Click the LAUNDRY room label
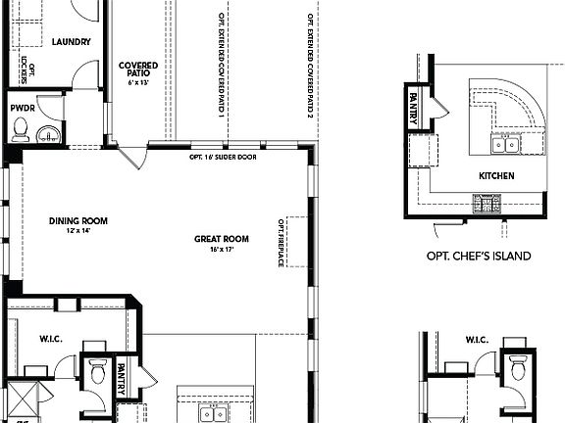coord(71,42)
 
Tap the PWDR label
coord(22,108)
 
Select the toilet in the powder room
coord(21,128)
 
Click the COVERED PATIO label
coord(138,70)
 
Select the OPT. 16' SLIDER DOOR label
coord(223,157)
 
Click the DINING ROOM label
coord(78,221)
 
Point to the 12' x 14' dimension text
coord(78,231)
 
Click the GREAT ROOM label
coord(223,239)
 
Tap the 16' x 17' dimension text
coord(223,250)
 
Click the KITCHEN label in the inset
coord(496,176)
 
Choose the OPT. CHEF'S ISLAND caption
coord(478,257)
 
